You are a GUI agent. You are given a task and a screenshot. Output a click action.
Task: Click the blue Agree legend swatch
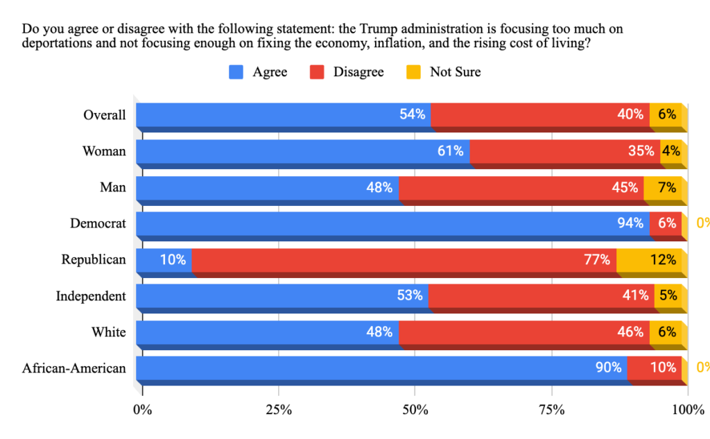pos(236,72)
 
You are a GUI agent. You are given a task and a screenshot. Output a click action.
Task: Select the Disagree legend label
pos(358,72)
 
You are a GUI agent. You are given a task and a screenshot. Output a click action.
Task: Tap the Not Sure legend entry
pos(455,72)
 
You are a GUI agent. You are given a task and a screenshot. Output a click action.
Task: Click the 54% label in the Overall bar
pos(412,114)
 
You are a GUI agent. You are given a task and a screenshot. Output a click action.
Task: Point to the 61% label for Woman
pos(450,150)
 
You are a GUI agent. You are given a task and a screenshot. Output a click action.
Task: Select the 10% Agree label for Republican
pos(173,259)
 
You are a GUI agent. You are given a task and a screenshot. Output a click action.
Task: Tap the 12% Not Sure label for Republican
pos(664,259)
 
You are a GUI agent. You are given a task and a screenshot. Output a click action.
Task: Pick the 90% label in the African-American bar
pos(608,368)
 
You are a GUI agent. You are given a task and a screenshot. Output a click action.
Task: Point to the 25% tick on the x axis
pos(279,409)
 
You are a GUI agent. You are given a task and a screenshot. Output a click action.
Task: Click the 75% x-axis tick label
pos(551,409)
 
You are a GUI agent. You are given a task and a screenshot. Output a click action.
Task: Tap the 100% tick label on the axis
pos(688,409)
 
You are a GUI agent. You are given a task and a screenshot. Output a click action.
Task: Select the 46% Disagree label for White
pos(630,332)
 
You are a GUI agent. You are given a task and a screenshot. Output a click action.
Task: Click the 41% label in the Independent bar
pos(634,295)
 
